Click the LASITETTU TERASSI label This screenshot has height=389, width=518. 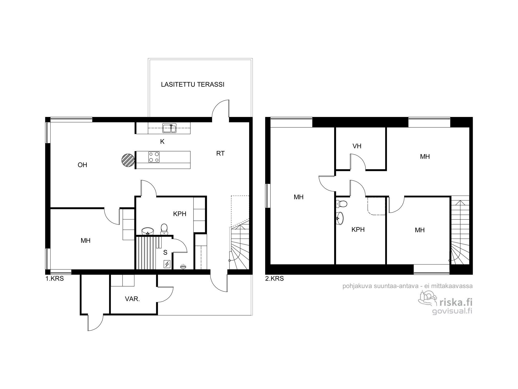point(192,85)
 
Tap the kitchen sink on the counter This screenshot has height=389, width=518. point(169,128)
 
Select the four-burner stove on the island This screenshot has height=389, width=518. point(154,157)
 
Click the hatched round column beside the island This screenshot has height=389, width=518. point(128,159)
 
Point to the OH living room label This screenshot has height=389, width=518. point(82,165)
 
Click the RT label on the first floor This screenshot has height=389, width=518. point(220,154)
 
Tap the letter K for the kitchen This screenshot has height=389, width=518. point(162,142)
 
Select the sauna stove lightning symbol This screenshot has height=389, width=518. point(167,264)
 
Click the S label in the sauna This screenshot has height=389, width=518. point(165,252)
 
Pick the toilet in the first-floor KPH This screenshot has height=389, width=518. point(164,229)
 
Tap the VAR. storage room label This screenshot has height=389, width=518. point(132,299)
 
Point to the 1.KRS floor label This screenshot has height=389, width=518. point(55,279)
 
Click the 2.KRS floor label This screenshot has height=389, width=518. point(275,279)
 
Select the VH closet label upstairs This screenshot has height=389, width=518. point(357,146)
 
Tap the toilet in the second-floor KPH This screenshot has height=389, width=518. point(342,204)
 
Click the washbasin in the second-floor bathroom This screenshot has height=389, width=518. point(340,218)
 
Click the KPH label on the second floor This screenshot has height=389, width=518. point(358,230)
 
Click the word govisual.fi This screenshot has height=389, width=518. point(452,311)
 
